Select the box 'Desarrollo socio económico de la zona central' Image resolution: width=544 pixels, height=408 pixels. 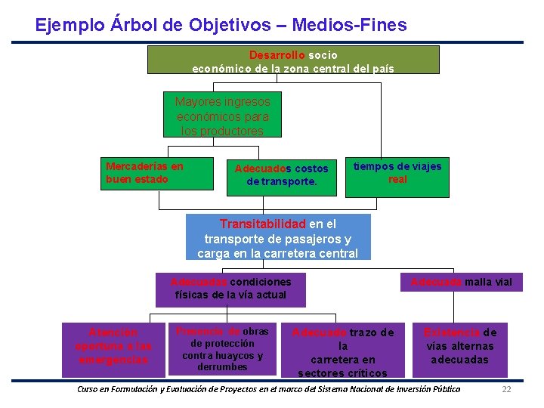pyautogui.click(x=293, y=60)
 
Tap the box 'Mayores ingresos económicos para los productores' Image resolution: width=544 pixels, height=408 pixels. pyautogui.click(x=222, y=116)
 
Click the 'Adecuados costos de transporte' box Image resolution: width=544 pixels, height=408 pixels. pyautogui.click(x=281, y=176)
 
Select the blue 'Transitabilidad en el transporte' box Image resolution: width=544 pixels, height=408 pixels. pyautogui.click(x=278, y=237)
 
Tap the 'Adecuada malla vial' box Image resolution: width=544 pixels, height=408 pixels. pyautogui.click(x=461, y=283)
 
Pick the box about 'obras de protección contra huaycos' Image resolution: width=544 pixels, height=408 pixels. pyautogui.click(x=222, y=349)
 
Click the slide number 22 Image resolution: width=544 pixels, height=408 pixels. pyautogui.click(x=507, y=389)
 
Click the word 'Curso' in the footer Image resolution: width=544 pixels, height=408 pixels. pyautogui.click(x=89, y=389)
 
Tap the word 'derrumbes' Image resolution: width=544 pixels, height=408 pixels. pyautogui.click(x=222, y=367)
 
